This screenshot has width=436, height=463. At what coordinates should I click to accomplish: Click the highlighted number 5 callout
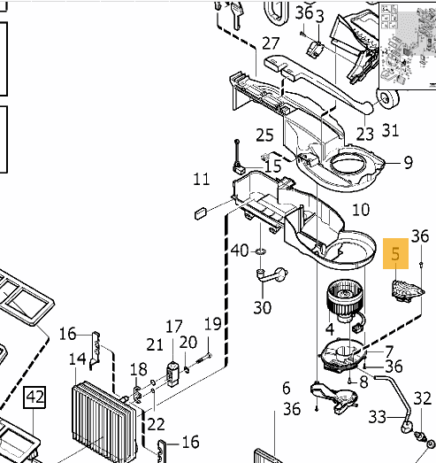(395, 254)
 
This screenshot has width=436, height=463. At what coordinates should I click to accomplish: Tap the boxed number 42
(34, 397)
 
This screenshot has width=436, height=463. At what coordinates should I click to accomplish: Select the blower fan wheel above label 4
(344, 300)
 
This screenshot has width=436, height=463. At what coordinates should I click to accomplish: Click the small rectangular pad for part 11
(201, 212)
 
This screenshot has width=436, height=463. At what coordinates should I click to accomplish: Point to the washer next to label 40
(261, 251)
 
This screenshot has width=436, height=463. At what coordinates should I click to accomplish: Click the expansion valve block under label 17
(172, 374)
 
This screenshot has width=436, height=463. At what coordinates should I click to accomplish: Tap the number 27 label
(271, 43)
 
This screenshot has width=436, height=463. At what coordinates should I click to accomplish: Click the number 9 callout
(408, 162)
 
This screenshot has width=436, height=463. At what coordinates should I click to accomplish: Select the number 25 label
(264, 135)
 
